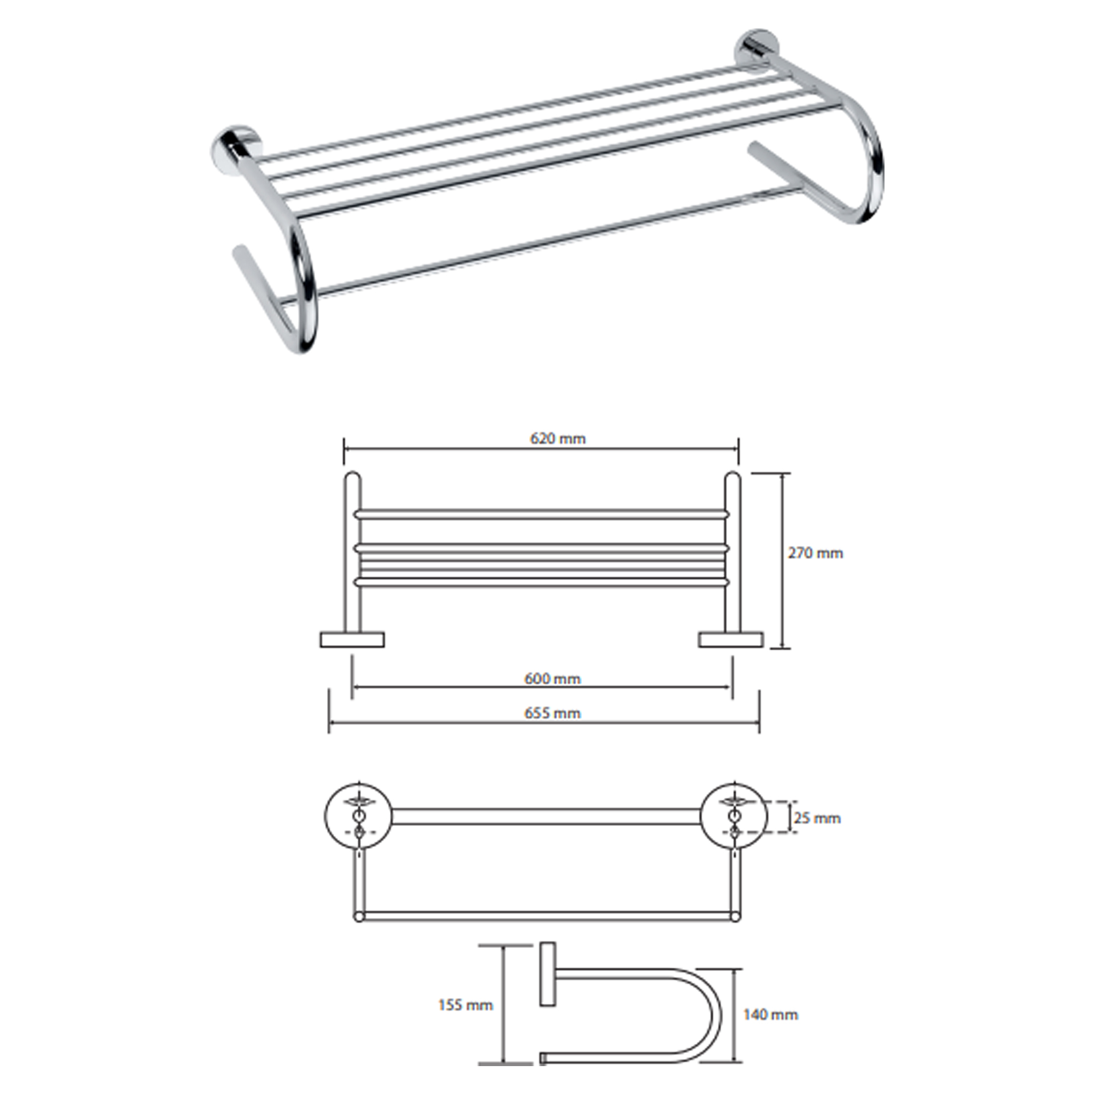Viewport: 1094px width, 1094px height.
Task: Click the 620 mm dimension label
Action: [x=558, y=438]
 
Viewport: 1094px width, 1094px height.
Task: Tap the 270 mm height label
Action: [x=816, y=552]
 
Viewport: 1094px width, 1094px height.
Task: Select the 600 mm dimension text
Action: [x=552, y=678]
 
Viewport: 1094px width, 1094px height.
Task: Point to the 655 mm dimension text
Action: [x=552, y=713]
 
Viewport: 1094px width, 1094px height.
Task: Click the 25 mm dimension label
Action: [x=817, y=818]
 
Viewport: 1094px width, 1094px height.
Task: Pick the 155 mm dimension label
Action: [x=465, y=1005]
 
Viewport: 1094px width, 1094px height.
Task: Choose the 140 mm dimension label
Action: [x=771, y=1014]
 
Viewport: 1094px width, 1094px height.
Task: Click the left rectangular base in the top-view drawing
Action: [x=352, y=639]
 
